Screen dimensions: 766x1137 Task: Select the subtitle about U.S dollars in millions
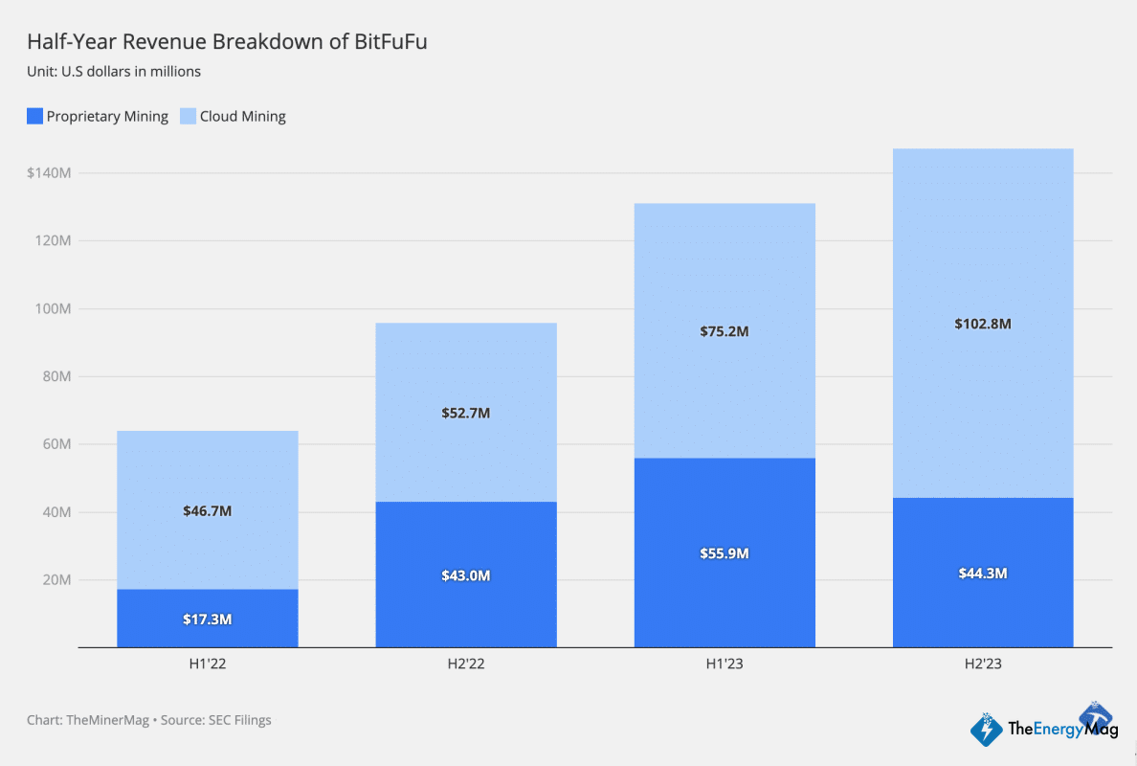tap(114, 71)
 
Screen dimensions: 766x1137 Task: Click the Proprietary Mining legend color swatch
tap(34, 117)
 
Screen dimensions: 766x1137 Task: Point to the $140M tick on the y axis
tap(49, 173)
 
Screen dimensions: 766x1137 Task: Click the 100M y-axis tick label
tap(53, 309)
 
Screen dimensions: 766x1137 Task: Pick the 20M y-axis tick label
tap(56, 580)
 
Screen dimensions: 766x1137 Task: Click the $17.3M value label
tap(208, 620)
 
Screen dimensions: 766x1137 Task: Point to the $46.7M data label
tap(208, 511)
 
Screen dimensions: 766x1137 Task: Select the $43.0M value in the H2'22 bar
tap(466, 575)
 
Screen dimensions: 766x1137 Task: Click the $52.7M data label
tap(466, 413)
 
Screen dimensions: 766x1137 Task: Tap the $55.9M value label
tap(725, 553)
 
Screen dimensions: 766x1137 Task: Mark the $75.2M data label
tap(725, 331)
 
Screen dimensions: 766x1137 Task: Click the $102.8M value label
tap(983, 324)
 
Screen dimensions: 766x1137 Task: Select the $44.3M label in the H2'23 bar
tap(983, 574)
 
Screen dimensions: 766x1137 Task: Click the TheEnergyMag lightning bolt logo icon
tap(987, 730)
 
